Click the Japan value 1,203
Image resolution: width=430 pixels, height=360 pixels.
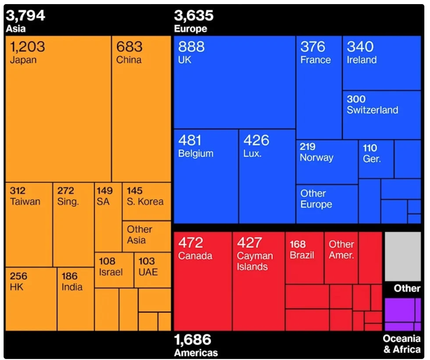27,47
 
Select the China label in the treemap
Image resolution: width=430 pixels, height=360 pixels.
128,60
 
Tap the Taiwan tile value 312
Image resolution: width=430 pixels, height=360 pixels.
18,191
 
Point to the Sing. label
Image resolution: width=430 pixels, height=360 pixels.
68,201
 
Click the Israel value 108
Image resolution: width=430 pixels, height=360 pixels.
107,261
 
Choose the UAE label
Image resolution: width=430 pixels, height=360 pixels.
148,272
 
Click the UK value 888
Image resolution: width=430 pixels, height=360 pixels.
191,47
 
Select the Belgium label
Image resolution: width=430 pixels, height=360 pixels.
195,153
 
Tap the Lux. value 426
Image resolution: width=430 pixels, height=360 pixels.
256,140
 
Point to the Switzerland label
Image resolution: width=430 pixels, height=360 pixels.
372,110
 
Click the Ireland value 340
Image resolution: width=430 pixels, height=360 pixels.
360,47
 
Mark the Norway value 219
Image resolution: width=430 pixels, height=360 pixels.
308,147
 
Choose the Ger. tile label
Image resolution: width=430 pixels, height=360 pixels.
372,159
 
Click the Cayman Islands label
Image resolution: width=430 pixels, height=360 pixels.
252,262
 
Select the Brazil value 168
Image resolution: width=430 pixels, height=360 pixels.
297,244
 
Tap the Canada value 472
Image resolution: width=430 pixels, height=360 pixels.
191,243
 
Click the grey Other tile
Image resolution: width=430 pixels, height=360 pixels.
403,256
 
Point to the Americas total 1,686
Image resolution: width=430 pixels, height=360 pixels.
193,340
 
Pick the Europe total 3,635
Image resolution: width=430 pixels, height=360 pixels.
194,15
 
